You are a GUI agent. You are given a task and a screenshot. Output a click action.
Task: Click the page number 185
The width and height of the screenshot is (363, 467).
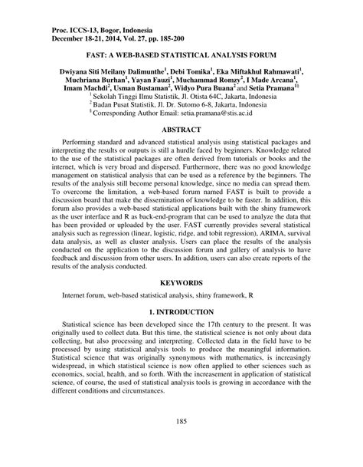click(x=181, y=442)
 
